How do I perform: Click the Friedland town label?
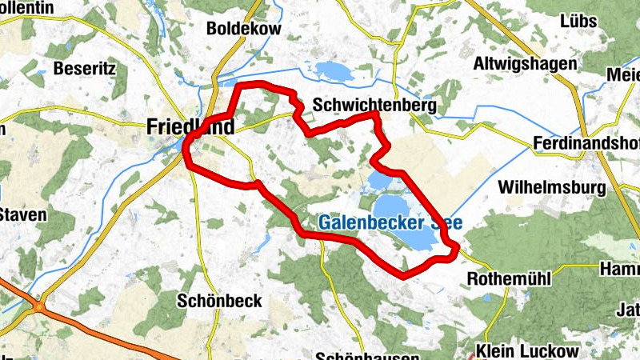tap(190, 126)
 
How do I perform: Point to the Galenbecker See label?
tap(390, 223)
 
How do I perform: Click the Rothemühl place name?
tap(506, 280)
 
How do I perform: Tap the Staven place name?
tap(23, 214)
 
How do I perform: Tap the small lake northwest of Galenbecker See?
tap(378, 181)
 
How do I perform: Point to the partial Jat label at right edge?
tap(627, 310)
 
